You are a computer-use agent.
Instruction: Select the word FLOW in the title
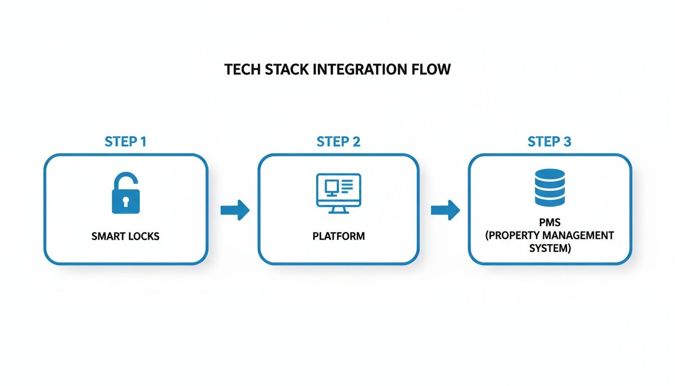[x=432, y=69]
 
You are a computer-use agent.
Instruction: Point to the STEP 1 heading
[x=126, y=142]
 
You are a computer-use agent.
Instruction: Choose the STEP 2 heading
[x=339, y=142]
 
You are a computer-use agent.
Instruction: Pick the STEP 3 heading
[x=549, y=142]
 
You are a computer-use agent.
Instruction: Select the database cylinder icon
[x=550, y=187]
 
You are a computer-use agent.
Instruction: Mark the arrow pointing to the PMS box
[x=445, y=210]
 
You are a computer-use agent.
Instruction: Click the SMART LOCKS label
[x=126, y=236]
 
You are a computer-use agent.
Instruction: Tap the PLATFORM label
[x=339, y=236]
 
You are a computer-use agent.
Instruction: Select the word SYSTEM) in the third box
[x=550, y=248]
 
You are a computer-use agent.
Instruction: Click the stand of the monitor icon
[x=338, y=210]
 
